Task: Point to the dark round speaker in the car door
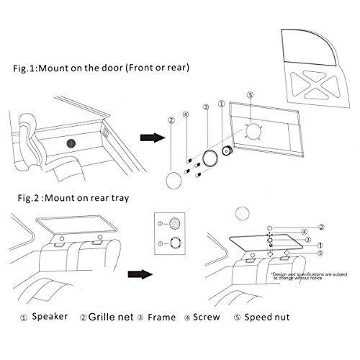[72, 144]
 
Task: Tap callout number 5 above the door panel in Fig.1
[250, 94]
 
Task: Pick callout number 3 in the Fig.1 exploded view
[205, 106]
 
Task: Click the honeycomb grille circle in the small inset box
[174, 223]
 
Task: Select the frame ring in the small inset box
[174, 243]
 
